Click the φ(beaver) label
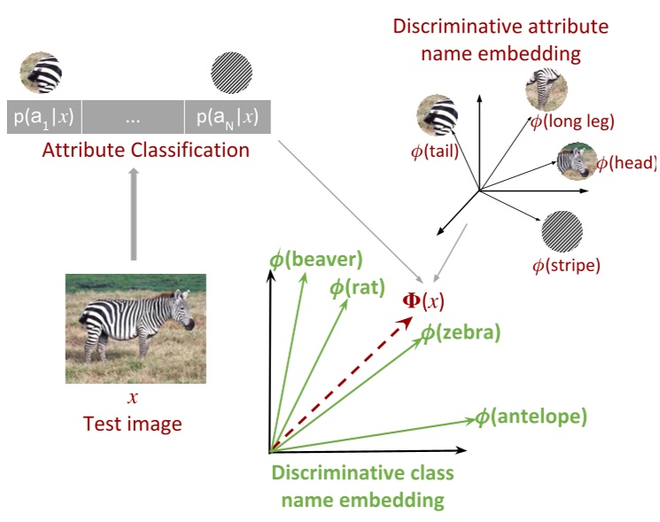[316, 260]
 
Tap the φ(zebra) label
[460, 333]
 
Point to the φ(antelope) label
[531, 416]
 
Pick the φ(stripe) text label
[566, 264]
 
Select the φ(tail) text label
[434, 152]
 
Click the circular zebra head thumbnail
[575, 162]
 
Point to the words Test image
[132, 424]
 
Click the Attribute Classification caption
[145, 150]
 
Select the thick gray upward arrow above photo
[133, 213]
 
